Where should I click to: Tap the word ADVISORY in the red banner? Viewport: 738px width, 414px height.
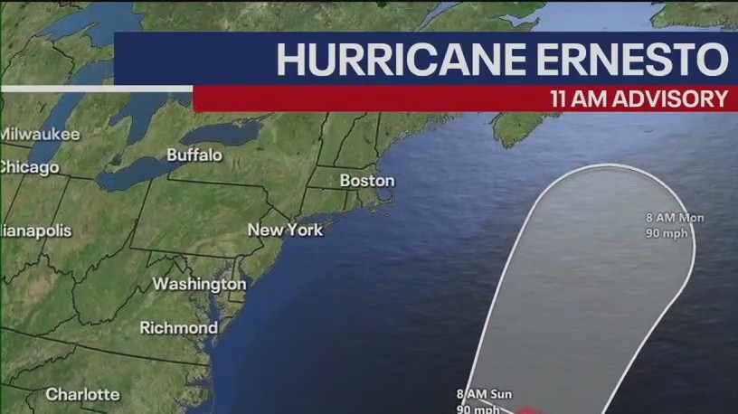click(x=672, y=99)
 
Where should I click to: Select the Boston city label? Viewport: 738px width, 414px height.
click(x=366, y=181)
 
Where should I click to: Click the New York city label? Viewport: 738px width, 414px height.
click(x=285, y=230)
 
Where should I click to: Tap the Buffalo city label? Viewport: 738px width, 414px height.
click(x=194, y=155)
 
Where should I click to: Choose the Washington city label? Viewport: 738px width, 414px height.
click(x=198, y=284)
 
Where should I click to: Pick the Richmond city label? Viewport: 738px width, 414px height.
click(x=178, y=327)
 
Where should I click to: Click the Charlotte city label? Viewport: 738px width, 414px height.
click(x=82, y=394)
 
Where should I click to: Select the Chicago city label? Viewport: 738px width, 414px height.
click(x=29, y=167)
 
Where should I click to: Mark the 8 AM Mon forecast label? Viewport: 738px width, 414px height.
click(x=675, y=218)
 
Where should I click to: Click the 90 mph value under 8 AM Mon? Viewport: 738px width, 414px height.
click(x=668, y=233)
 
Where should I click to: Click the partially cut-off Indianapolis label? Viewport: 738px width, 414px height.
click(x=35, y=231)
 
